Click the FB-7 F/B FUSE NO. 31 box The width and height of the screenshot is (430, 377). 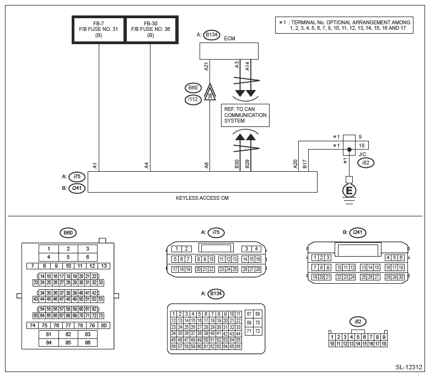coord(99,30)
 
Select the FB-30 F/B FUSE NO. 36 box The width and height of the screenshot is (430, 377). coord(150,30)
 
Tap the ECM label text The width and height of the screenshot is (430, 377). coord(229,39)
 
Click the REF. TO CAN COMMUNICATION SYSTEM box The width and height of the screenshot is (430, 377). coord(245,115)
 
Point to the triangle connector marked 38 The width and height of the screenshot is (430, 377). coord(210,92)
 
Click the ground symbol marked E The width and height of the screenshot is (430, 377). coord(349,190)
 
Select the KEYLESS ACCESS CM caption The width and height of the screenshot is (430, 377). coord(202,198)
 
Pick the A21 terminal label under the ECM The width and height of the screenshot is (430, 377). coord(207,66)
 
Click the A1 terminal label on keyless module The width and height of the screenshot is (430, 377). coord(95,166)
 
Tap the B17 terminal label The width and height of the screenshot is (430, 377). coord(304,164)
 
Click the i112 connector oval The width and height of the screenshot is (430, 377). coord(193,99)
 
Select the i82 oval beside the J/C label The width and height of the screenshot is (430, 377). coord(365,162)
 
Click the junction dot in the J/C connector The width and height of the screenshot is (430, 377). coord(349,150)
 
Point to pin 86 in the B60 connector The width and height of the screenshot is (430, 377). coord(88,342)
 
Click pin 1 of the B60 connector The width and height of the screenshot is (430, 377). coord(49,249)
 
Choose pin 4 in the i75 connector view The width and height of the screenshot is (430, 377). coord(256,249)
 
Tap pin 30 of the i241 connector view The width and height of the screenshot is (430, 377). coord(401,277)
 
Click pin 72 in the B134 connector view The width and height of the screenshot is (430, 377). coord(257,331)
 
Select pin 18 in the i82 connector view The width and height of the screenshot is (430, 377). coord(384,343)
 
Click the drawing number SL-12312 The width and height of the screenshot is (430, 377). coord(409,367)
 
